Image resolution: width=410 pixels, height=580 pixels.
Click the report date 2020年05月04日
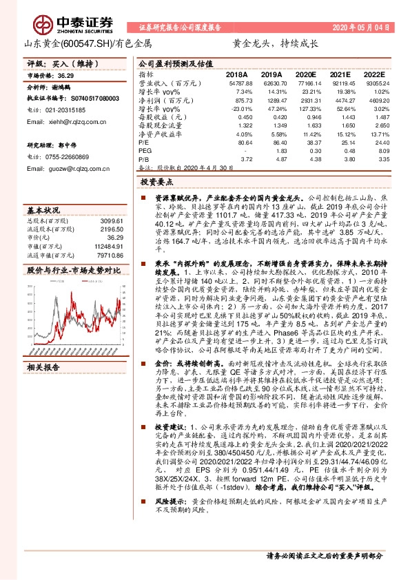click(360, 28)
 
